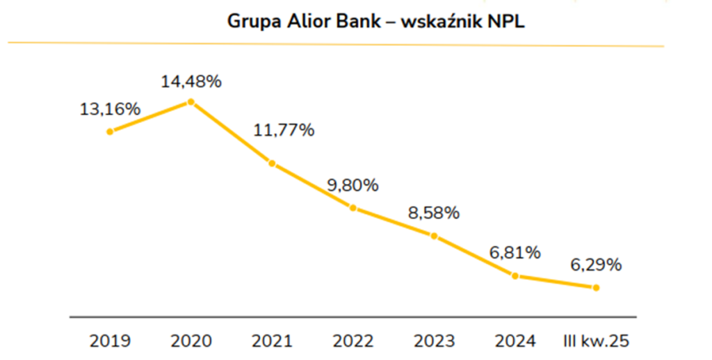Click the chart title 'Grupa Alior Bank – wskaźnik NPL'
(x=375, y=22)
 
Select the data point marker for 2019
(x=110, y=131)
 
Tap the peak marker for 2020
(x=191, y=102)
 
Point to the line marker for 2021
(x=272, y=164)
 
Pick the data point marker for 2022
(x=353, y=208)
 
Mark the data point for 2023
(x=434, y=236)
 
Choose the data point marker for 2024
(x=515, y=276)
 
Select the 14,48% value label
(x=191, y=81)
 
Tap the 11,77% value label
(x=284, y=130)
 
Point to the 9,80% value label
(x=353, y=186)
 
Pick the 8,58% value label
(x=434, y=213)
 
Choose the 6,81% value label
(x=515, y=253)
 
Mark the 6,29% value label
(x=596, y=265)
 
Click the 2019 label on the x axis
(x=110, y=341)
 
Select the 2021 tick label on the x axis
(x=272, y=341)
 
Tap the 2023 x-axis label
(x=434, y=341)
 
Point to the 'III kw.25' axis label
(x=596, y=341)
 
